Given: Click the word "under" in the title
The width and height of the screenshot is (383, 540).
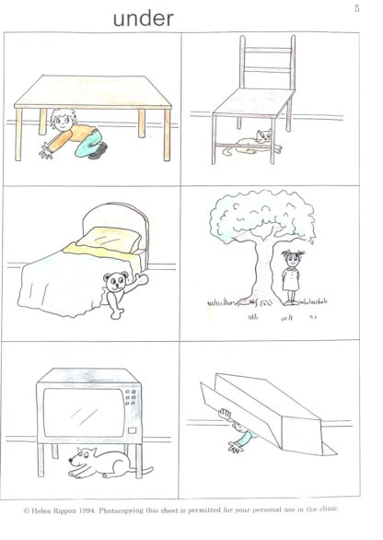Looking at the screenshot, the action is [143, 18].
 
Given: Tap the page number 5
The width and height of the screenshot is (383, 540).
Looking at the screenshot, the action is [357, 9].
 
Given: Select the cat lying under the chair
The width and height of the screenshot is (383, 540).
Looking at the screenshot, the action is [252, 143].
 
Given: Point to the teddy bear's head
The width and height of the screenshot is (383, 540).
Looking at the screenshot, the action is [116, 281].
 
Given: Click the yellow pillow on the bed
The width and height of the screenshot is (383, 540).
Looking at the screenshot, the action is [109, 239].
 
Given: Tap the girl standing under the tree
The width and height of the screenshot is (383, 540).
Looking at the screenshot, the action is [292, 276].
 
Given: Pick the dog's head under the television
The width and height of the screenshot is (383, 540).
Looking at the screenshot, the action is [82, 457].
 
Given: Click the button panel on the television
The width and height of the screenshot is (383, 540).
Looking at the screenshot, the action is [130, 397].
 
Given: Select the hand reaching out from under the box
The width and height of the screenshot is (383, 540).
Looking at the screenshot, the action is [235, 447].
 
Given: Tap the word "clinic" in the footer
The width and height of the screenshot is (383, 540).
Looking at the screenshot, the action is [329, 509].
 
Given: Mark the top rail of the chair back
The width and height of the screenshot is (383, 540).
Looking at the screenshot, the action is [268, 50].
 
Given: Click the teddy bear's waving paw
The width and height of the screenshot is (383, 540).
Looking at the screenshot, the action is [142, 279].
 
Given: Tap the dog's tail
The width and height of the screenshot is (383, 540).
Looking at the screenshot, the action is [145, 470].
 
